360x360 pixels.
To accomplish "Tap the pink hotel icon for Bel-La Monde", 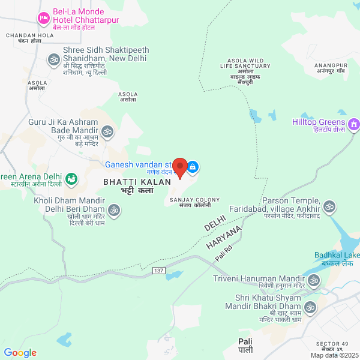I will [43, 19].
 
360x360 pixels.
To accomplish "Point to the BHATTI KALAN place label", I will [137, 181].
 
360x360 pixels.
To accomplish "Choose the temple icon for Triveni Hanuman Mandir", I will [313, 280].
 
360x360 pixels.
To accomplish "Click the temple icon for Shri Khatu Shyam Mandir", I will [310, 308].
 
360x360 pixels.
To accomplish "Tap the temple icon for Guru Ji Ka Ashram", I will [107, 131].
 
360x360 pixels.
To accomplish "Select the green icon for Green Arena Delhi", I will [71, 178].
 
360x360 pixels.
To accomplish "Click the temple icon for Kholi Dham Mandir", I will [114, 210].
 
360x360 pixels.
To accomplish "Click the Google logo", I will [20, 353].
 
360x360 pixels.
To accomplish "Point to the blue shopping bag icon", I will [193, 166].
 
